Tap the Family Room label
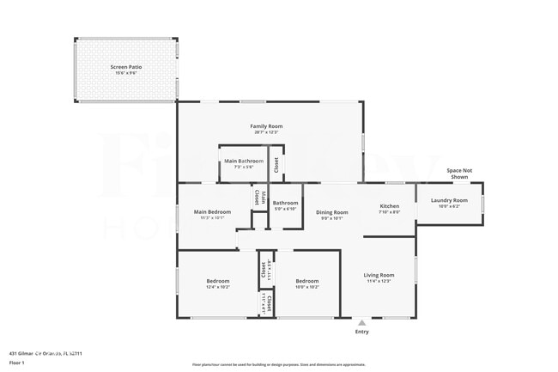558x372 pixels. click(x=266, y=126)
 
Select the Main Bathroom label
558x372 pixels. click(x=244, y=161)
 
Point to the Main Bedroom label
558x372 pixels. click(x=212, y=211)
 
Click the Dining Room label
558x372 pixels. click(x=331, y=212)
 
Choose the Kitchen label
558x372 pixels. click(x=390, y=206)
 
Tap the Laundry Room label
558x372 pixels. click(x=449, y=200)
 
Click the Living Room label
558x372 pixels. click(x=379, y=275)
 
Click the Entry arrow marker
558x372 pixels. click(x=361, y=323)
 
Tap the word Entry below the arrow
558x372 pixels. click(x=361, y=332)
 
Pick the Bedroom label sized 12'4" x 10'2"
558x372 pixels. click(x=217, y=281)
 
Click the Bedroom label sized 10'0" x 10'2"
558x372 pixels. click(x=307, y=281)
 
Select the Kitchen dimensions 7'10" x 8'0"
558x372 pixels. click(x=390, y=212)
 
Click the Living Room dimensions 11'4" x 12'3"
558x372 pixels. click(x=379, y=281)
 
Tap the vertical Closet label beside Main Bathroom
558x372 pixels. click(x=276, y=164)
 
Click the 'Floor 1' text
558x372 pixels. click(x=17, y=363)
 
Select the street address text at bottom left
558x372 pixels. click(x=52, y=353)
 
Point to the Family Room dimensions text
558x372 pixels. click(x=266, y=132)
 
